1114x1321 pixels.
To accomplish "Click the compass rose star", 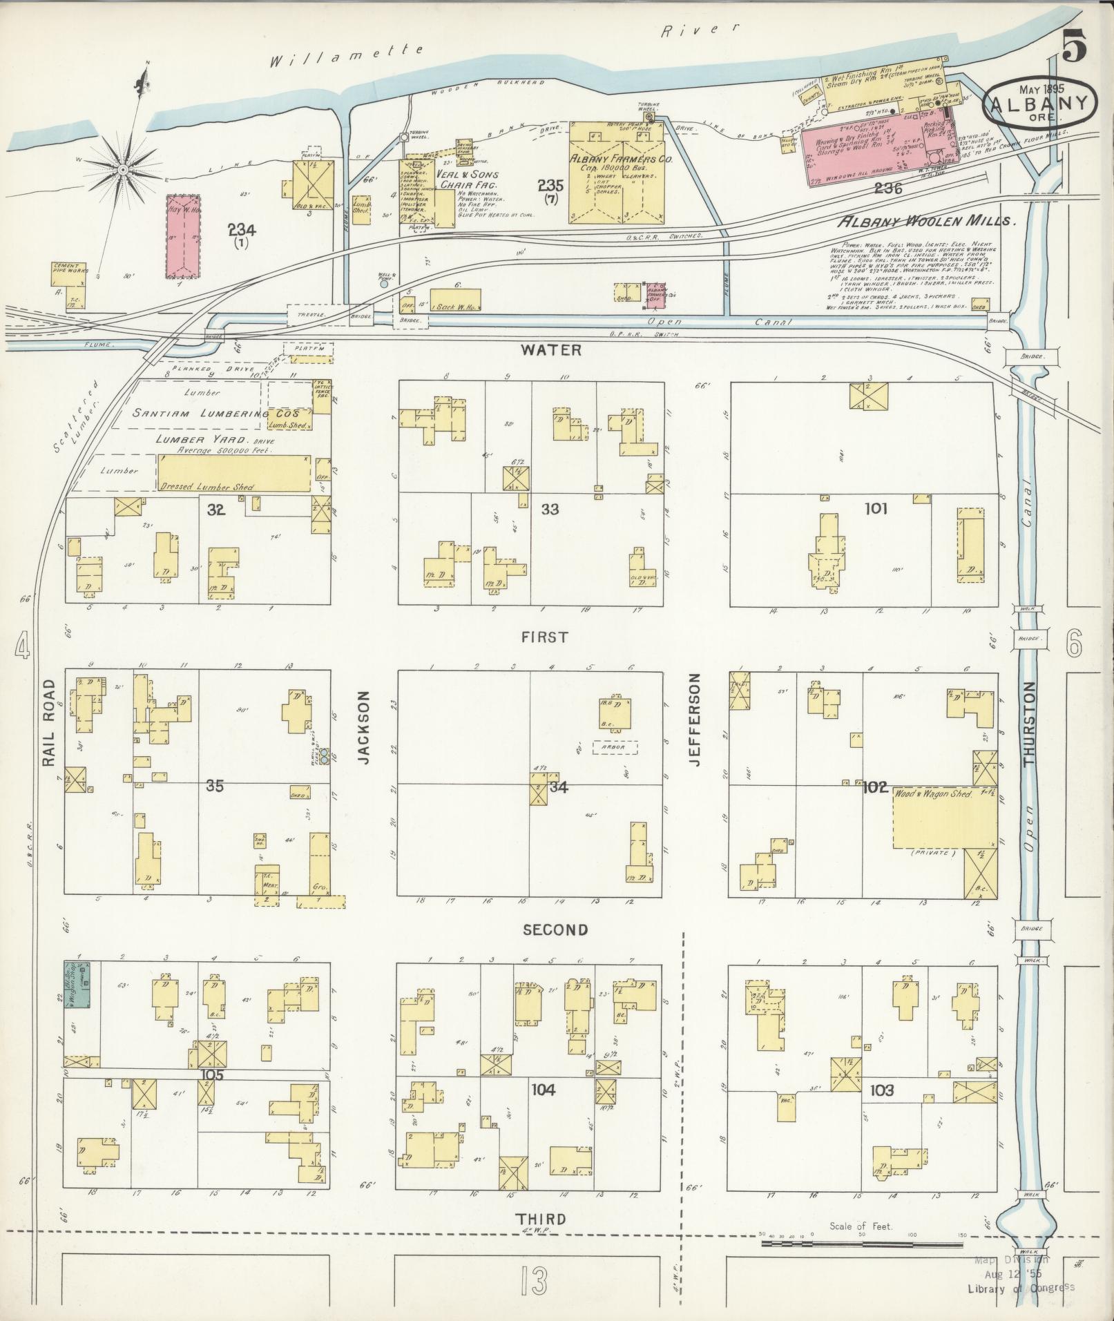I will click(122, 169).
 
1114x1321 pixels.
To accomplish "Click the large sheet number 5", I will click(1074, 48).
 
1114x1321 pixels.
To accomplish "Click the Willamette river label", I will click(345, 55).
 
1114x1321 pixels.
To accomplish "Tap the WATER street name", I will click(551, 350).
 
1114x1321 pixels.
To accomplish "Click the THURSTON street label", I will click(1030, 723).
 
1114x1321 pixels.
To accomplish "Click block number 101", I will click(876, 509).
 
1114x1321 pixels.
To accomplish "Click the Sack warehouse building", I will click(455, 300).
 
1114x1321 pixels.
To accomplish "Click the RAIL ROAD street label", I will click(48, 722).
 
